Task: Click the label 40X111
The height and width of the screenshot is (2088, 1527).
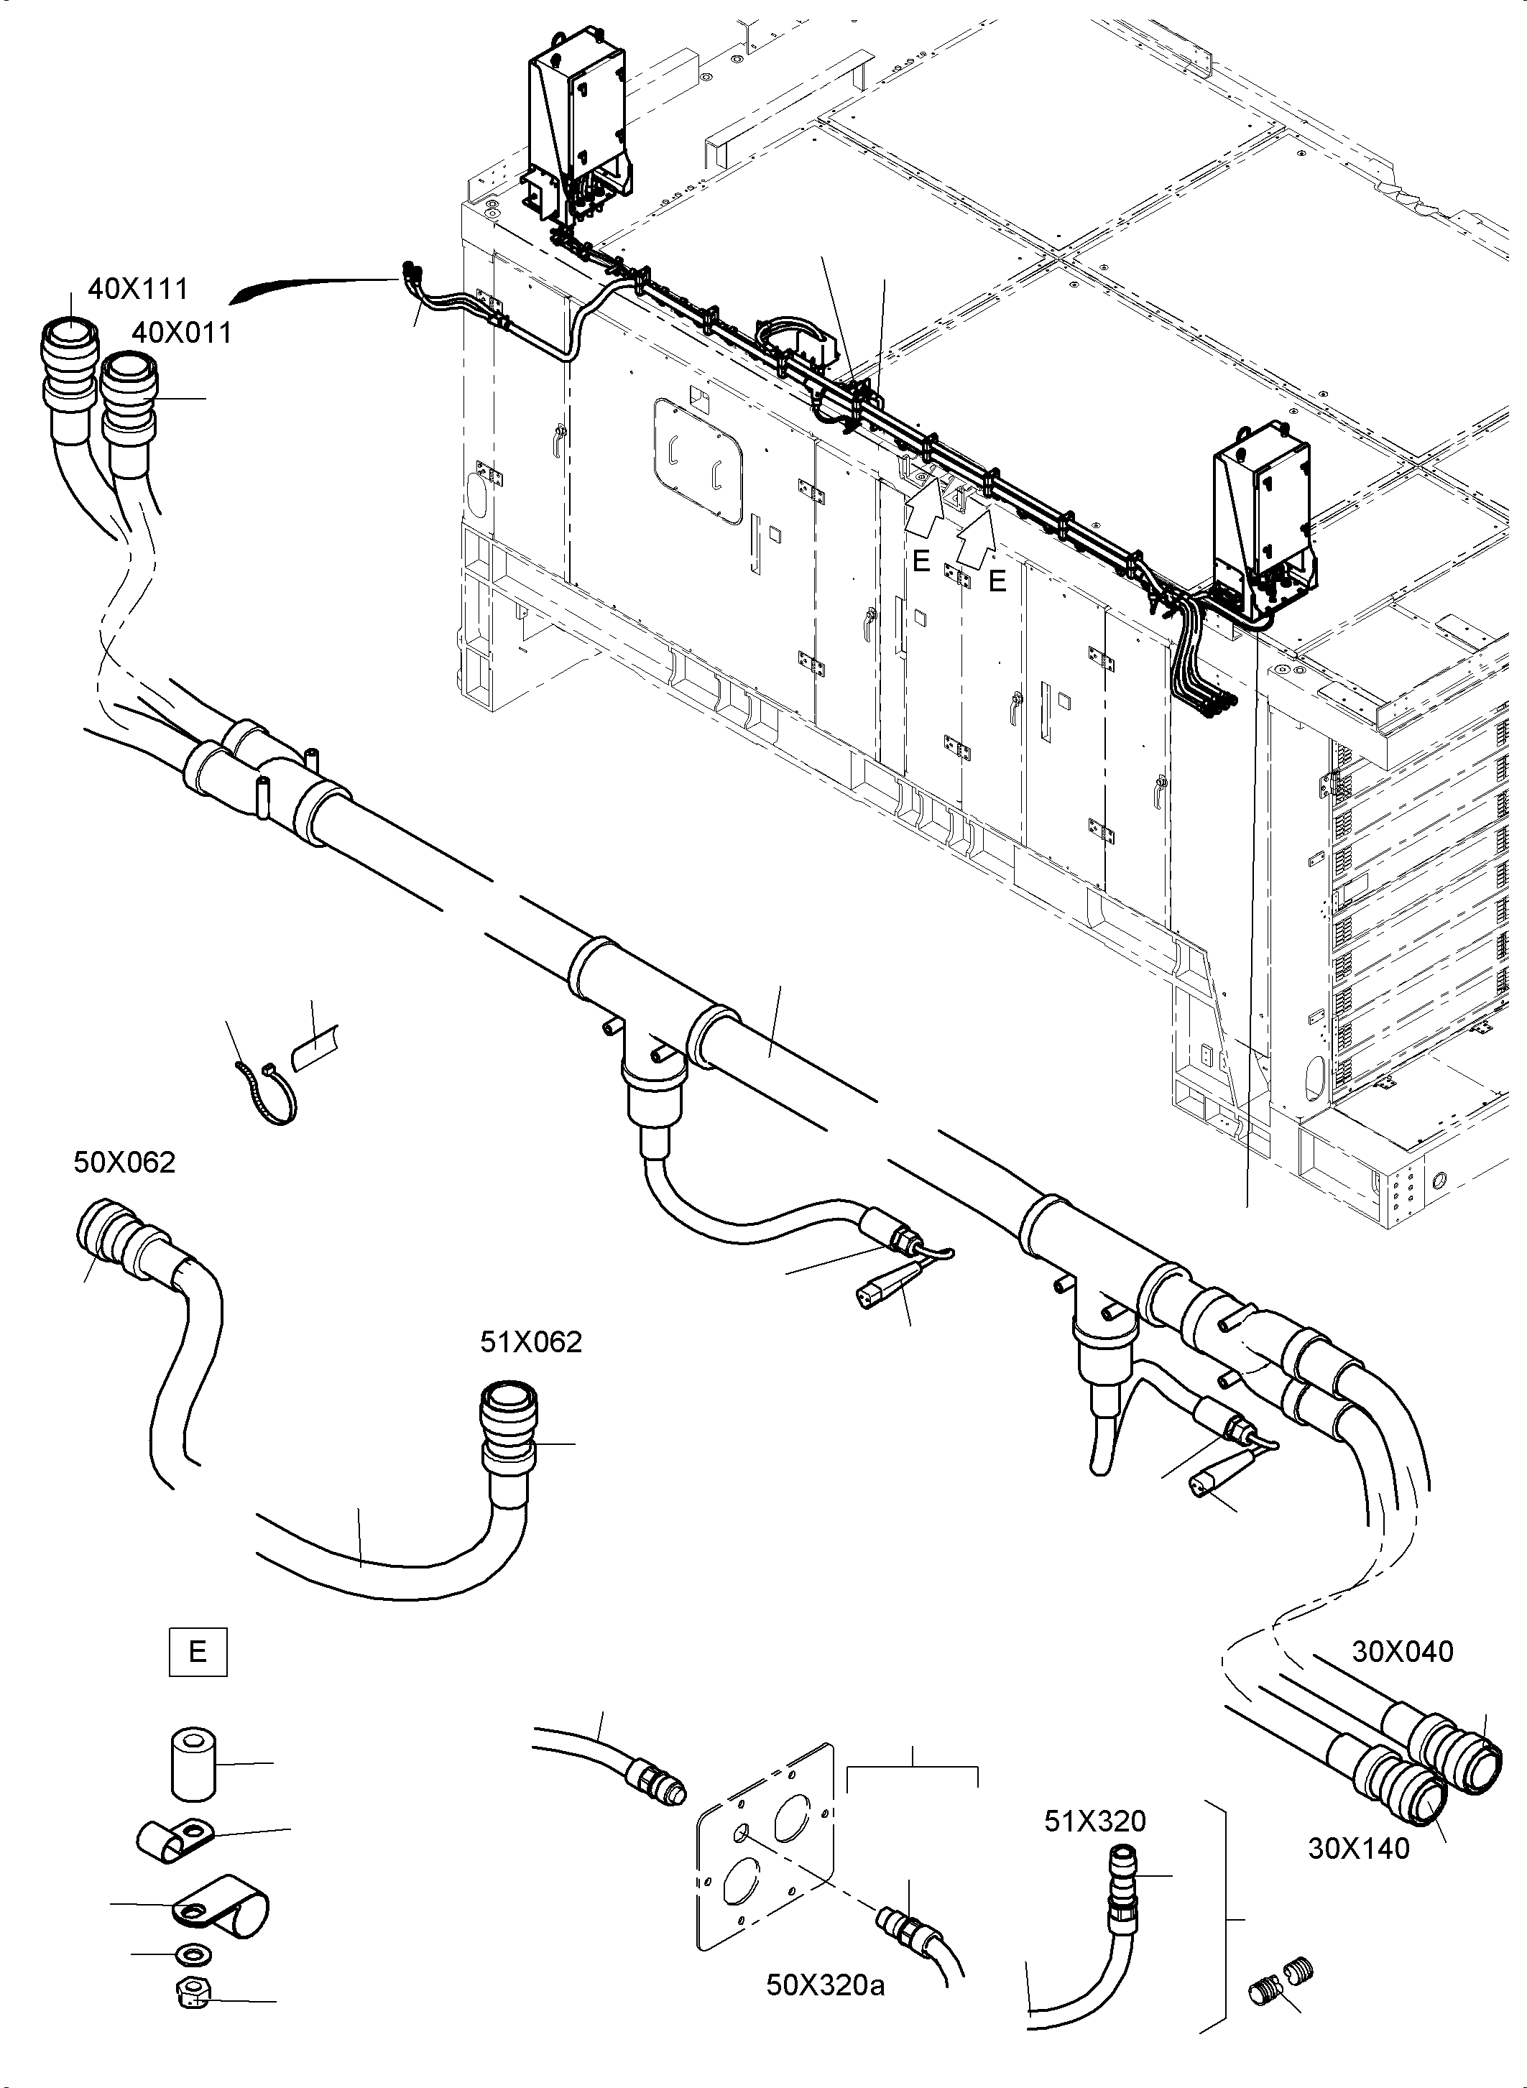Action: pyautogui.click(x=138, y=290)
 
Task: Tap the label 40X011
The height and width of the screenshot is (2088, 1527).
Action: pyautogui.click(x=181, y=333)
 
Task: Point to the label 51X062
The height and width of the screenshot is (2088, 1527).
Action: pyautogui.click(x=530, y=1341)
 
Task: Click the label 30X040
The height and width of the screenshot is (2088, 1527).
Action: pyautogui.click(x=1402, y=1651)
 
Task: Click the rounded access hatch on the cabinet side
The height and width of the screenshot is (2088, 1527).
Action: pyautogui.click(x=698, y=461)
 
